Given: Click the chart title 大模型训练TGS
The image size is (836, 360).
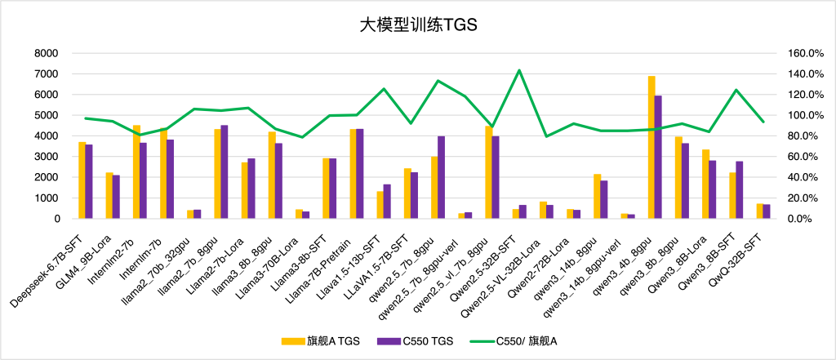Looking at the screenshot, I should click(x=418, y=25).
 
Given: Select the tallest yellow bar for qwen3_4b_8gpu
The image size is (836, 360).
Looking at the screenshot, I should click(x=651, y=147).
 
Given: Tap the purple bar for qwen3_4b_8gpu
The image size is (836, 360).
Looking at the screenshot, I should click(x=658, y=157).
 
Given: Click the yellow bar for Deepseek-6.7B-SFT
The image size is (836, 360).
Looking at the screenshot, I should click(x=82, y=180).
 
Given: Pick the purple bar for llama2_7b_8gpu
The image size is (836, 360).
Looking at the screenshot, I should click(x=225, y=171).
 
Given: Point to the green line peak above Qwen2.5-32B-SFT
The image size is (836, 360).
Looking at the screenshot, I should click(x=519, y=70).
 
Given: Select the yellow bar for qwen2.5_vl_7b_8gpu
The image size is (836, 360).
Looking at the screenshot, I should click(x=489, y=172).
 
